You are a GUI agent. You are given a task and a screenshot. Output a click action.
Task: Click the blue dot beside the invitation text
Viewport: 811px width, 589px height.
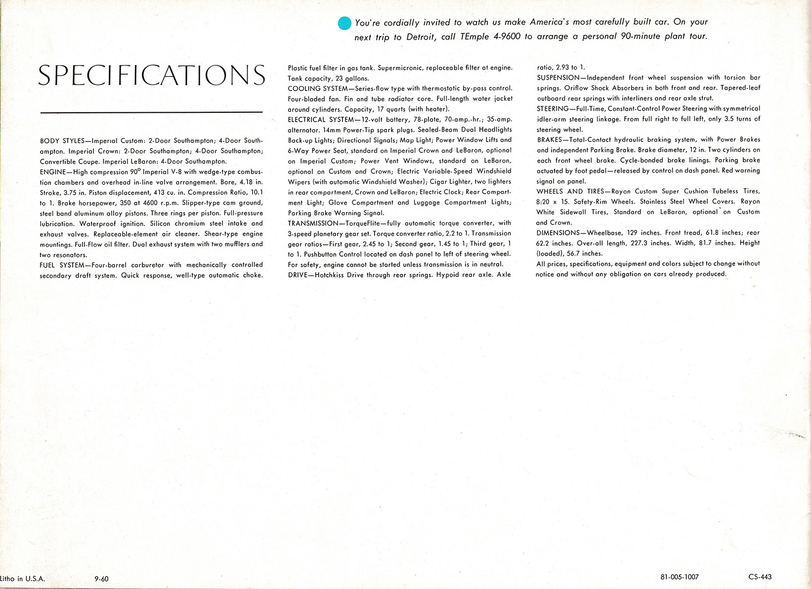(x=344, y=23)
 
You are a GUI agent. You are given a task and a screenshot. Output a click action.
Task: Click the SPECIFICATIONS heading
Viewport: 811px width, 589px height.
(x=152, y=75)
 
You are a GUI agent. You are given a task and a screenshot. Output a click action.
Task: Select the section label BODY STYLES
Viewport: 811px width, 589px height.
(x=62, y=141)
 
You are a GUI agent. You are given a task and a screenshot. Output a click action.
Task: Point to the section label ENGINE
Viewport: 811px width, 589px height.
(x=52, y=172)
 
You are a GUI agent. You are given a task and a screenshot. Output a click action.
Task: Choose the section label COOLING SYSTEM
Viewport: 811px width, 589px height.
(x=318, y=89)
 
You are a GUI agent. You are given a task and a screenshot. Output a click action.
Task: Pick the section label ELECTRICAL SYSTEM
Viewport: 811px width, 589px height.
(x=321, y=120)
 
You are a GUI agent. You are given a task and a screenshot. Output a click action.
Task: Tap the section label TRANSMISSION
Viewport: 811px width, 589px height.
(x=313, y=224)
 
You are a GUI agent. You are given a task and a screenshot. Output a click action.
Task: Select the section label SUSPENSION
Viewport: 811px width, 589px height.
(x=558, y=78)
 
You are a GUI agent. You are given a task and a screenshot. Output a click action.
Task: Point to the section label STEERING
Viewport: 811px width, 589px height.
(x=553, y=109)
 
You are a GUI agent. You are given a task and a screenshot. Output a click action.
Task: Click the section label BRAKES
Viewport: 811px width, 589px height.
(x=550, y=140)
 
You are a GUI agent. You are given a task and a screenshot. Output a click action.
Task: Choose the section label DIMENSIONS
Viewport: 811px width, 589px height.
(x=558, y=233)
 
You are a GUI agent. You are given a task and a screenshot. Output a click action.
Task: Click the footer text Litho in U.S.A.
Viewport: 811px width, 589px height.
(x=23, y=579)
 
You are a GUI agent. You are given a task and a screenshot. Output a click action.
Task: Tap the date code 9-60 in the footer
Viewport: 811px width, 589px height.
(x=101, y=579)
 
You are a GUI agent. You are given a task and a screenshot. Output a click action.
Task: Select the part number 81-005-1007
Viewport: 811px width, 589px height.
(x=680, y=577)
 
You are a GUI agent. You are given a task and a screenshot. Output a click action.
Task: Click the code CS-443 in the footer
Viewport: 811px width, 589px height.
(x=760, y=577)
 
